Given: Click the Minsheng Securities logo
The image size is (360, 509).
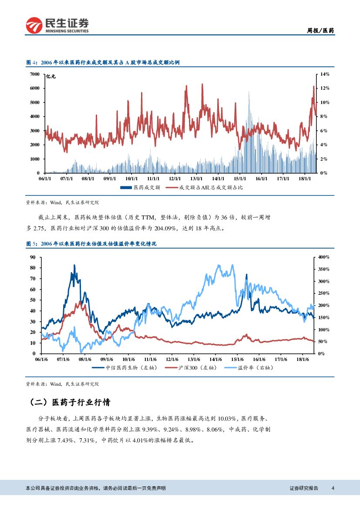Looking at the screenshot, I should pyautogui.click(x=57, y=25).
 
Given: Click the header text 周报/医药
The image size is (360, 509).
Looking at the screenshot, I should pyautogui.click(x=321, y=31).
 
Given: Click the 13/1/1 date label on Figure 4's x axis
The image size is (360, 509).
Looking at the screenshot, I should pyautogui.click(x=196, y=178).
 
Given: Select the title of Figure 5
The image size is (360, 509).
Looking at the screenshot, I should pyautogui.click(x=91, y=244).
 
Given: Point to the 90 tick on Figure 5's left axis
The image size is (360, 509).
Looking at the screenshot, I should pyautogui.click(x=32, y=257).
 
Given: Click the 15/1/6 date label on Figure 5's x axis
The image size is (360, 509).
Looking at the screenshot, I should pyautogui.click(x=237, y=359).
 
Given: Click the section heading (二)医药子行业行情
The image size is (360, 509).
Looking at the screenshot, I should pyautogui.click(x=74, y=402).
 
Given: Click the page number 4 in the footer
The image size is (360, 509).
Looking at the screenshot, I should pyautogui.click(x=333, y=488).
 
